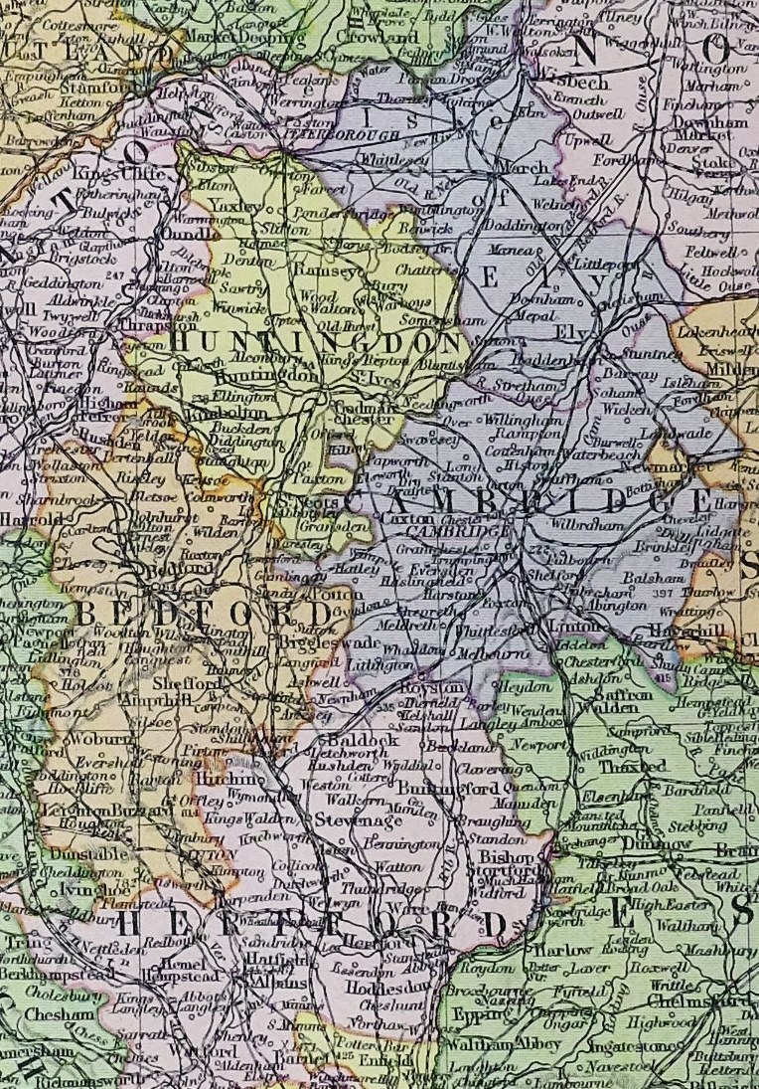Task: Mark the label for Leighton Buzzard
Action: [90, 812]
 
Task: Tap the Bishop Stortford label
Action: [511, 864]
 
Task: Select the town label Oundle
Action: [182, 234]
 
